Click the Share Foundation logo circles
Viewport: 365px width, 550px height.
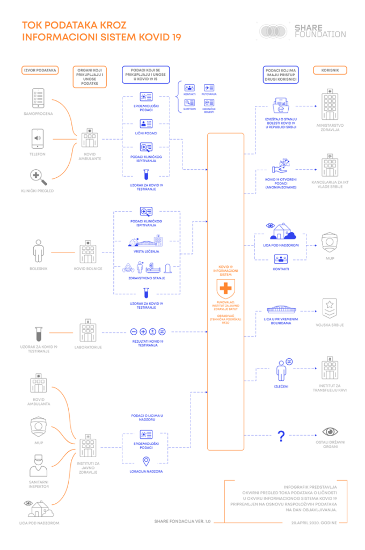274,31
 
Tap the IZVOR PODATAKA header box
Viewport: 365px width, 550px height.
40,70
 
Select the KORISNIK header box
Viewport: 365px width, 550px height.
329,70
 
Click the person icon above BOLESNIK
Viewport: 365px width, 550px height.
38,250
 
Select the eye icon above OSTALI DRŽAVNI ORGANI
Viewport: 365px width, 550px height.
330,431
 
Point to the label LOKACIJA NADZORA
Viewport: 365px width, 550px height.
146,471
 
